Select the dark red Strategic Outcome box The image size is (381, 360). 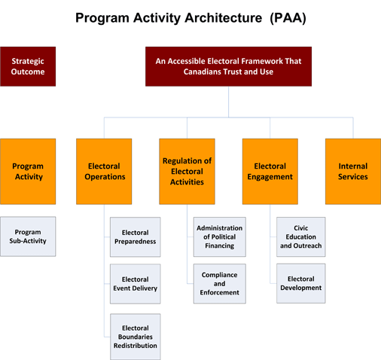click(x=28, y=66)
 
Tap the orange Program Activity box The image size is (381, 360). click(x=28, y=171)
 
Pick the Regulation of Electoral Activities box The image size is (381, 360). click(x=187, y=171)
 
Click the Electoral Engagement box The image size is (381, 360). click(x=270, y=171)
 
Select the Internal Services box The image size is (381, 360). click(x=352, y=171)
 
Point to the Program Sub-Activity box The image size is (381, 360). click(x=28, y=237)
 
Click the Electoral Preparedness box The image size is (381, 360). click(x=135, y=237)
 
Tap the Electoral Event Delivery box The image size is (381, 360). click(x=135, y=283)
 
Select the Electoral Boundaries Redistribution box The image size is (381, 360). click(x=135, y=336)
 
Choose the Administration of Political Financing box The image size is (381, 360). click(x=219, y=237)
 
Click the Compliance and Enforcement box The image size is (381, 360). click(x=219, y=283)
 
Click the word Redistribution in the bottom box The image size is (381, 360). click(x=135, y=346)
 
